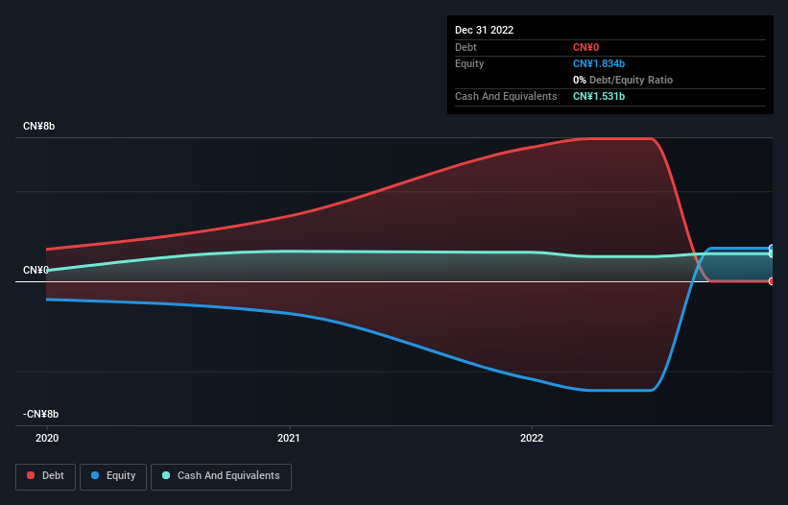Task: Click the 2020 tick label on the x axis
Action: [x=46, y=438]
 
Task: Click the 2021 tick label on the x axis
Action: [x=289, y=438]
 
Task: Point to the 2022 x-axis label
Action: [x=531, y=438]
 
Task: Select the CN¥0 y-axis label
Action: [x=36, y=271]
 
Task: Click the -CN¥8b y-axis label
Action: [x=40, y=415]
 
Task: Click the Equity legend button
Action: [x=113, y=475]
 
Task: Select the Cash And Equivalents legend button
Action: [x=221, y=475]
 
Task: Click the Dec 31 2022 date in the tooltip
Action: [x=484, y=30]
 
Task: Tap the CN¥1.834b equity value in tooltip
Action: [x=599, y=63]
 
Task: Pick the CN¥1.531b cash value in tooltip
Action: [x=599, y=96]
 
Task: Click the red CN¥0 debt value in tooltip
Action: [x=586, y=47]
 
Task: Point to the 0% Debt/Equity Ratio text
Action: [x=623, y=80]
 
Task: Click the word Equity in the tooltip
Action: [x=469, y=63]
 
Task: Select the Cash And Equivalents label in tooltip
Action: [x=506, y=96]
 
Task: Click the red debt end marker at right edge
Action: [x=772, y=281]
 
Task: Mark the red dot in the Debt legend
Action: [x=31, y=475]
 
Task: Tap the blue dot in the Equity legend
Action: [x=96, y=475]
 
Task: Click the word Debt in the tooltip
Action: [x=466, y=47]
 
